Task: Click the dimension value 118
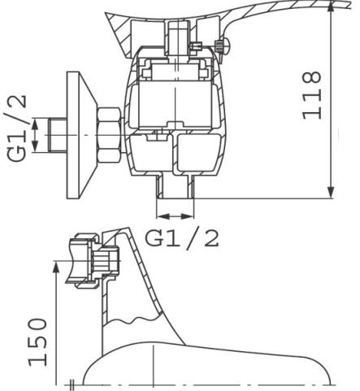click(x=312, y=95)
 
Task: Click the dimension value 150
click(x=37, y=342)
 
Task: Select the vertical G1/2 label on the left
click(x=16, y=128)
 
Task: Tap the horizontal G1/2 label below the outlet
click(x=182, y=238)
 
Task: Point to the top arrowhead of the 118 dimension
click(x=331, y=8)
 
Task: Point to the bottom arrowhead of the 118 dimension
click(x=331, y=193)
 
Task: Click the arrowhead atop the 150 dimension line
click(x=55, y=267)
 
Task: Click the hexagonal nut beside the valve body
click(x=108, y=135)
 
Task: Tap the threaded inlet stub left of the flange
click(x=58, y=135)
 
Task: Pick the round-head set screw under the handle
click(x=223, y=46)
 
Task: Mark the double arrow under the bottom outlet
click(x=176, y=216)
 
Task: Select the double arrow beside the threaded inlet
click(x=35, y=135)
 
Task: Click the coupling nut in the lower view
click(x=84, y=261)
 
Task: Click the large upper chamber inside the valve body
click(x=175, y=105)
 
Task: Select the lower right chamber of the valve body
click(x=199, y=152)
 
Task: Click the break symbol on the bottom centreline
click(x=72, y=384)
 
